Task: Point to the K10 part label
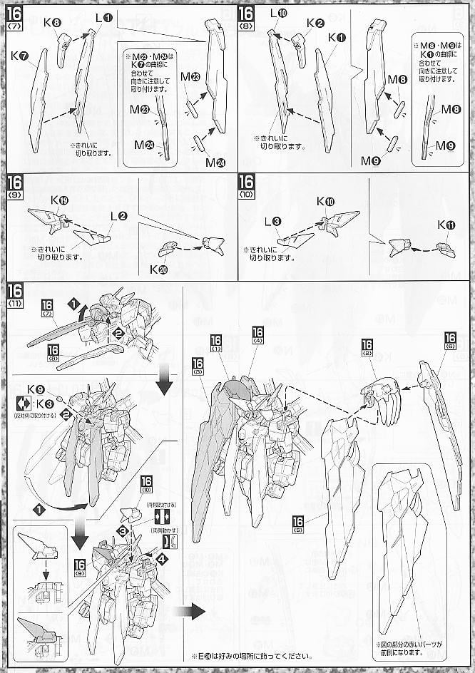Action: coord(325,202)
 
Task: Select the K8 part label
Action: coord(51,22)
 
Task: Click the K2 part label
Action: coord(316,22)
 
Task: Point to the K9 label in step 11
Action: coord(34,389)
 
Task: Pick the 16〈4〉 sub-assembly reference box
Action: coord(257,335)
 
